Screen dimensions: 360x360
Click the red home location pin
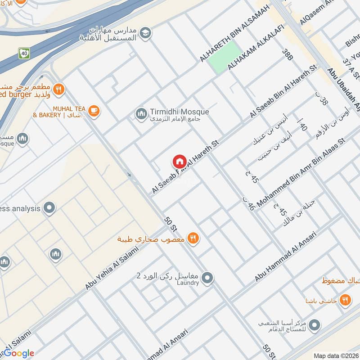pyautogui.click(x=179, y=162)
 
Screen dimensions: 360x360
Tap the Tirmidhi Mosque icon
pyautogui.click(x=141, y=114)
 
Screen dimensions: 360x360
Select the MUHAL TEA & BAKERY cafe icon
pyautogui.click(x=94, y=111)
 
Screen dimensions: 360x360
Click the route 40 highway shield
pyautogui.click(x=24, y=53)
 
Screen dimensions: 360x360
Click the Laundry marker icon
pyautogui.click(x=207, y=279)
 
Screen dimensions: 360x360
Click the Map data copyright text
pyautogui.click(x=336, y=355)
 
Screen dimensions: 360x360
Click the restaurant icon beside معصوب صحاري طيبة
pyautogui.click(x=193, y=238)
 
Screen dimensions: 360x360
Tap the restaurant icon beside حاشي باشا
pyautogui.click(x=345, y=300)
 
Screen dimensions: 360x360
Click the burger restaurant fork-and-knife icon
pyautogui.click(x=58, y=90)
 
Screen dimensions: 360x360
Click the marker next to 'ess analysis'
pyautogui.click(x=50, y=208)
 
